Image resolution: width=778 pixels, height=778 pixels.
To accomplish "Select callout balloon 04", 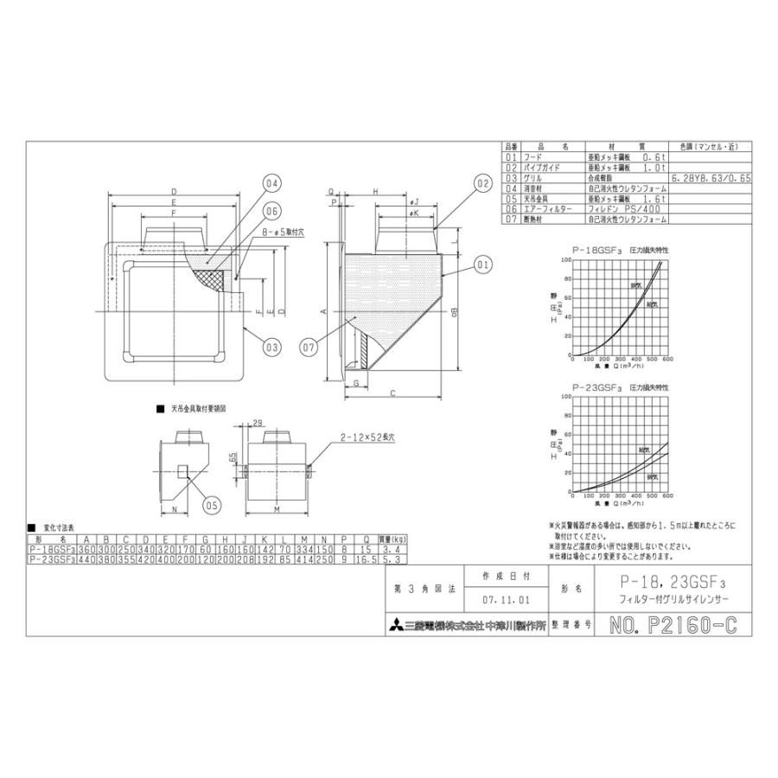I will coord(271,183).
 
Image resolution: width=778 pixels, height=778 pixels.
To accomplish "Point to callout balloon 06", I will coord(271,210).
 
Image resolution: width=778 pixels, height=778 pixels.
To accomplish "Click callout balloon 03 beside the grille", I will coord(271,348).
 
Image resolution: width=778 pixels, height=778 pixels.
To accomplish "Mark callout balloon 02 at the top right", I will coord(482,183).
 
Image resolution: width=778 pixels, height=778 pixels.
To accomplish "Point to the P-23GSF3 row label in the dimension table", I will coord(51,560).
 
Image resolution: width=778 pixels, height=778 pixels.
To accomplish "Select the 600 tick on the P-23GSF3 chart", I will coord(668,497).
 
